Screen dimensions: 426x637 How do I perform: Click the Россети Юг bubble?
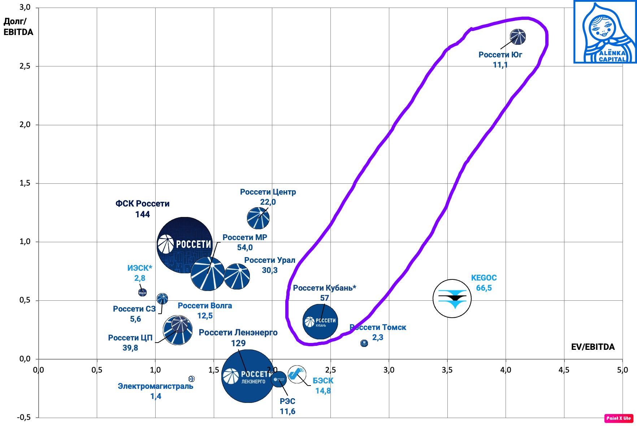point(517,37)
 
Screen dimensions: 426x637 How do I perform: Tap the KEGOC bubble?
point(452,299)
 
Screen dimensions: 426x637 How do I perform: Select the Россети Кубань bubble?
point(320,322)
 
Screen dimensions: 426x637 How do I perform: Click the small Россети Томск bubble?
point(364,343)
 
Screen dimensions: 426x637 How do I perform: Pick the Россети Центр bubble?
point(258,218)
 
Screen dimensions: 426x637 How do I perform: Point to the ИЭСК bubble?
point(142,292)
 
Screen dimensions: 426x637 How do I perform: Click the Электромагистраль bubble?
point(191,379)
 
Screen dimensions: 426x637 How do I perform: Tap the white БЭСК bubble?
point(297,374)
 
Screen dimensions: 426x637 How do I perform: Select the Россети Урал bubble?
point(237,277)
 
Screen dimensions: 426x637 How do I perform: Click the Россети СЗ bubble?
point(162,299)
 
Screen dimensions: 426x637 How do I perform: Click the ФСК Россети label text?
point(142,204)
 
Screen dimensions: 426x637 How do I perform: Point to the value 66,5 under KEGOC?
point(484,288)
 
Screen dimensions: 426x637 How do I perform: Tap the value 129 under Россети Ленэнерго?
point(238,343)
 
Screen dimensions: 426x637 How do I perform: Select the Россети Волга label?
point(205,306)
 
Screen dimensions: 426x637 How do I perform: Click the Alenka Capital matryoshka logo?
point(605,32)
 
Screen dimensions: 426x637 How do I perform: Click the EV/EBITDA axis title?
point(593,347)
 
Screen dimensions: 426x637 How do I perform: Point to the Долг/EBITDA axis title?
point(18,27)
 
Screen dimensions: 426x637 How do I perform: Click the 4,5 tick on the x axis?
point(564,370)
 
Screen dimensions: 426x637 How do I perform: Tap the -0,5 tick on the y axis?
point(24,417)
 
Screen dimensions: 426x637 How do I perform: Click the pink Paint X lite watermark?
point(619,418)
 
